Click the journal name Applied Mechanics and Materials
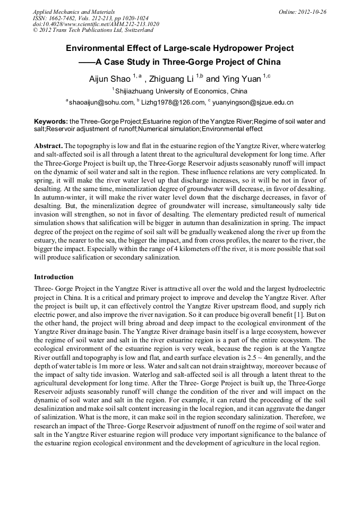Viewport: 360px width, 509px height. click(73, 12)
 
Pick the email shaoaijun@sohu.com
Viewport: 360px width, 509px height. click(101, 102)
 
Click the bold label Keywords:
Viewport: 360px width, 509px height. click(51, 122)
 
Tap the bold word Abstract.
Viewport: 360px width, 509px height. click(48, 145)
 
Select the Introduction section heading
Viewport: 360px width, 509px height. click(54, 277)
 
